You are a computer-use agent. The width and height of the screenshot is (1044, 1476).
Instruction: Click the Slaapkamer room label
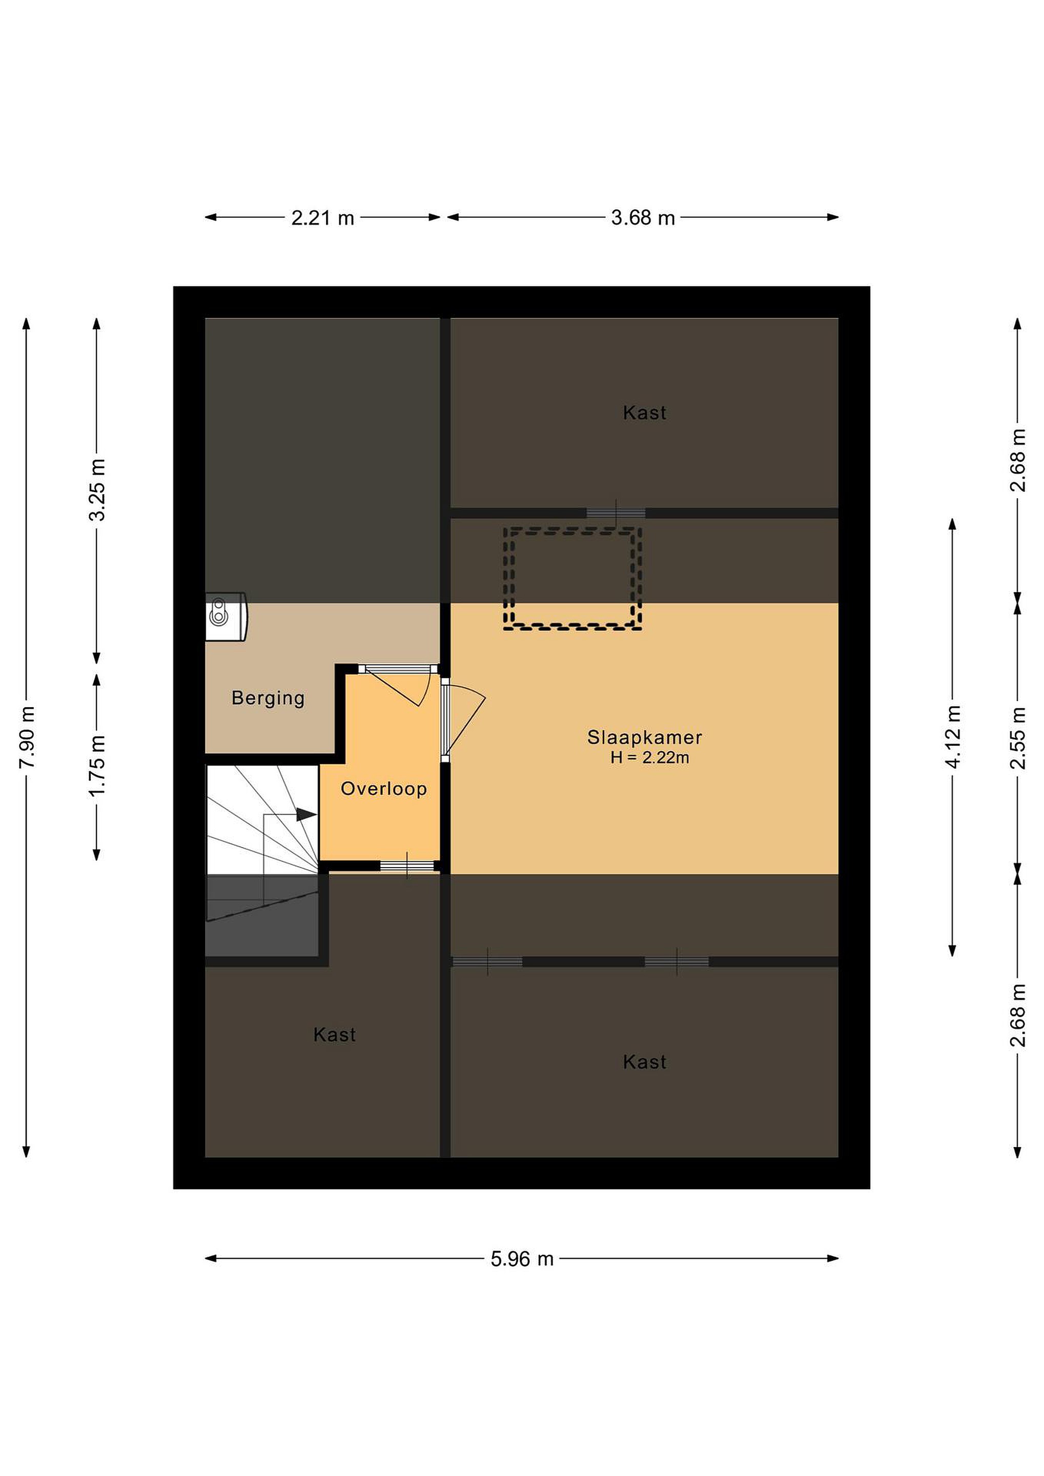[644, 737]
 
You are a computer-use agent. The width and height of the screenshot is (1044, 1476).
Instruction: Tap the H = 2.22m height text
[649, 758]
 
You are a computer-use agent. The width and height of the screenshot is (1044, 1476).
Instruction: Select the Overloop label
[384, 789]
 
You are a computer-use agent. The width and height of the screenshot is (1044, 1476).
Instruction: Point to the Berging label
[268, 698]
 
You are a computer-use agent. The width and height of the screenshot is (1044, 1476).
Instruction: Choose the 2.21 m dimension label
[323, 218]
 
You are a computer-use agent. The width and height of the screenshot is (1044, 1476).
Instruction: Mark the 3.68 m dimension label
[643, 218]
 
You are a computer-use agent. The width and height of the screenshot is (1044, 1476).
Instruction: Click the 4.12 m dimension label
[953, 736]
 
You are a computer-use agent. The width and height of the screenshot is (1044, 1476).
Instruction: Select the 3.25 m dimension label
[97, 490]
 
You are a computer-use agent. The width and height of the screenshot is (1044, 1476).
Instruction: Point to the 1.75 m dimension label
[97, 766]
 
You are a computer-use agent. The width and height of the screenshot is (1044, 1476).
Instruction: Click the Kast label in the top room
[644, 413]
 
